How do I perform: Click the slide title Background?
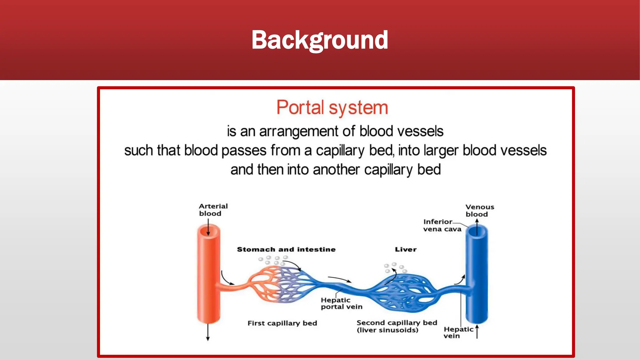320,40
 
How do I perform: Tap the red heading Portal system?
332,108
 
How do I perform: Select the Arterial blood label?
213,210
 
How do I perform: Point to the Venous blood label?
479,211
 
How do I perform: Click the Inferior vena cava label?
442,225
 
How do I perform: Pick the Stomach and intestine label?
286,249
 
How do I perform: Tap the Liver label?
406,249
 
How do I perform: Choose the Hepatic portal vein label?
341,303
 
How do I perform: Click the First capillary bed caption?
282,323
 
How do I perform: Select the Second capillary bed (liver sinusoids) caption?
396,326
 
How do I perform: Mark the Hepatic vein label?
458,332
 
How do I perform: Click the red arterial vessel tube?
209,281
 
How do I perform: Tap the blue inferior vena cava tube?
477,281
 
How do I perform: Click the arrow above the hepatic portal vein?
340,279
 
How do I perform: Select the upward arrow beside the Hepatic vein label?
477,332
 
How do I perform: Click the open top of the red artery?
208,231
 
